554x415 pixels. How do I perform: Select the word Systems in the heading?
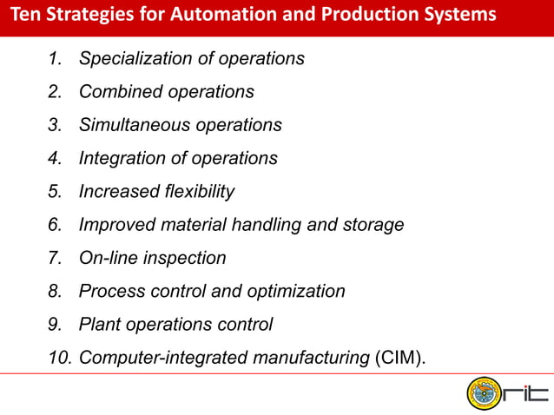tap(461, 16)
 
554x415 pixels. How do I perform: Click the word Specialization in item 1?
tap(129, 59)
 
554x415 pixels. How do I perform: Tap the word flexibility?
tap(195, 191)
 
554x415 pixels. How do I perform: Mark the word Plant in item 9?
tap(98, 325)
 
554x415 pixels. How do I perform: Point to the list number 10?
tap(60, 358)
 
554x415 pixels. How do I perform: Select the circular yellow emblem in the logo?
tap(484, 393)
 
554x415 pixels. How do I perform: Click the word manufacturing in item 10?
tap(303, 358)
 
